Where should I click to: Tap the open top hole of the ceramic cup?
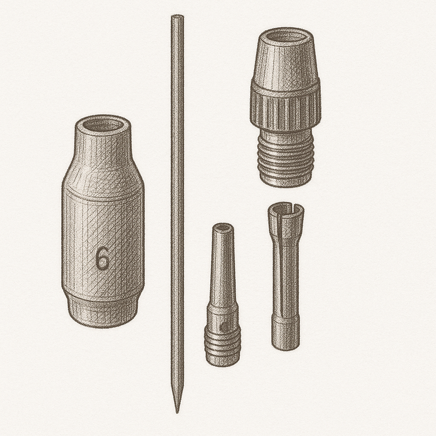pyautogui.click(x=103, y=125)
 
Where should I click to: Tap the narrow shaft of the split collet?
pyautogui.click(x=285, y=277)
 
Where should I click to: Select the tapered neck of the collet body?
pyautogui.click(x=223, y=268)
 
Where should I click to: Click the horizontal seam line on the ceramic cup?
pyautogui.click(x=103, y=198)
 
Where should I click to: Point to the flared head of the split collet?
pyautogui.click(x=285, y=221)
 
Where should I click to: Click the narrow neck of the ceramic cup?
pyautogui.click(x=103, y=145)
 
